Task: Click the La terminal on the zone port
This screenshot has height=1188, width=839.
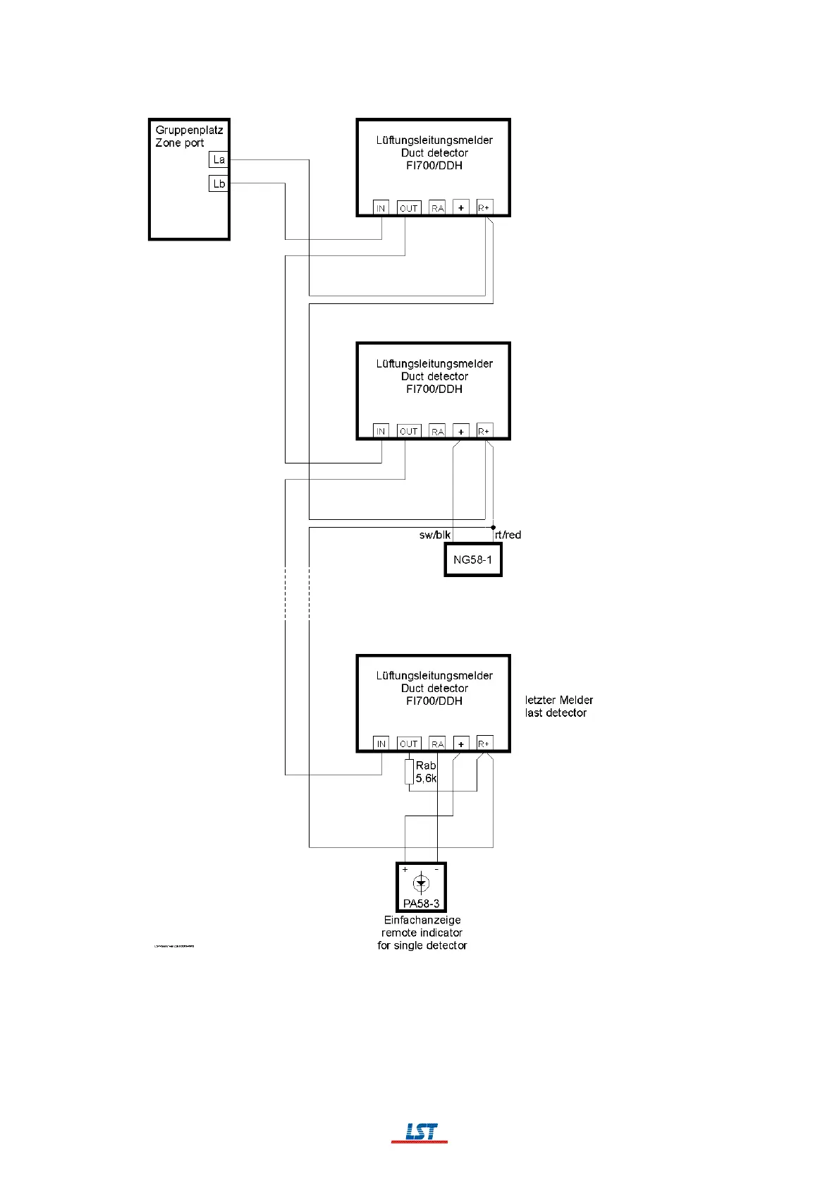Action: pos(219,160)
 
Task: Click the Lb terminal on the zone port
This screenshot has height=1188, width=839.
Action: pos(219,184)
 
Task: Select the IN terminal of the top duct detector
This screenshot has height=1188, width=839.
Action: pos(381,208)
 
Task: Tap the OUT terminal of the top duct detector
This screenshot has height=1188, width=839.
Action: pos(408,208)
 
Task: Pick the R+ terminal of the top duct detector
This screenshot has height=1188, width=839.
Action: pos(484,207)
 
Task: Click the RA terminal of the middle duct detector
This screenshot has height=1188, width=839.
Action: pos(437,431)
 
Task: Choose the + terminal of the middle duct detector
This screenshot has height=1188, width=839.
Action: pos(461,431)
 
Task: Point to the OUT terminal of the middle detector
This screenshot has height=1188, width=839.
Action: pos(408,431)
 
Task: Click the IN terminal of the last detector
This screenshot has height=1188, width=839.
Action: pos(381,744)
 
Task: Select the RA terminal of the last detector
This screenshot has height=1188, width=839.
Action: pos(437,744)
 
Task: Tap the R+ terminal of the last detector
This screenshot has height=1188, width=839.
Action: pos(484,744)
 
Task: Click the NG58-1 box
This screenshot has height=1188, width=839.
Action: pos(473,560)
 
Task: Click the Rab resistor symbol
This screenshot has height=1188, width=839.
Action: pos(409,772)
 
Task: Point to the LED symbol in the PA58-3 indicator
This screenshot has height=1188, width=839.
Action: pos(422,883)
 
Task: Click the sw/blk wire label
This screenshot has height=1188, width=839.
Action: pos(434,535)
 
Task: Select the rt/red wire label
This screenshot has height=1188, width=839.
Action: pos(508,535)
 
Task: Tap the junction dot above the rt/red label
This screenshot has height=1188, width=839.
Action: pos(494,527)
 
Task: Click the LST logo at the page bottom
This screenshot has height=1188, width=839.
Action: pos(420,1133)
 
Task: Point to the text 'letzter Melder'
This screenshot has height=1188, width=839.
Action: pos(559,700)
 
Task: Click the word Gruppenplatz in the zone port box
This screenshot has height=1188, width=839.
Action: pos(189,130)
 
